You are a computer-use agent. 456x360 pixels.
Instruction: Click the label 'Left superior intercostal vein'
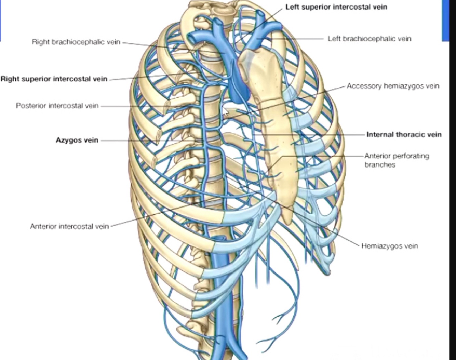point(336,7)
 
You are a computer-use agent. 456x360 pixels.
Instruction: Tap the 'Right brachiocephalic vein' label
point(76,42)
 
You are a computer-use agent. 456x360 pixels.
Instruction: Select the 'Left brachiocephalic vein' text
point(369,39)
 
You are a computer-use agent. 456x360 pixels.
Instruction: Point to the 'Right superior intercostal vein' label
point(54,79)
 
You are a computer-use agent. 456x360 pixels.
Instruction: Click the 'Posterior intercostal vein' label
point(57,106)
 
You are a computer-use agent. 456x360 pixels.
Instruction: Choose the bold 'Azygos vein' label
point(77,140)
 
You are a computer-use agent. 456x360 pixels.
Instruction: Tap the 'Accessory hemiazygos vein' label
point(393,86)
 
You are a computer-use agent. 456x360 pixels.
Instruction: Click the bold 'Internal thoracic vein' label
point(404,135)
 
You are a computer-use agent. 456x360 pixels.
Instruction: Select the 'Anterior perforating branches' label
point(396,160)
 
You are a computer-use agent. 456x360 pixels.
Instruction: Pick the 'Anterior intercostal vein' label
point(69,226)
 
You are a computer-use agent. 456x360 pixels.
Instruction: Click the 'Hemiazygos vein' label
point(389,246)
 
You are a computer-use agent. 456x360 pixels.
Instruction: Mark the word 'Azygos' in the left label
point(68,140)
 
